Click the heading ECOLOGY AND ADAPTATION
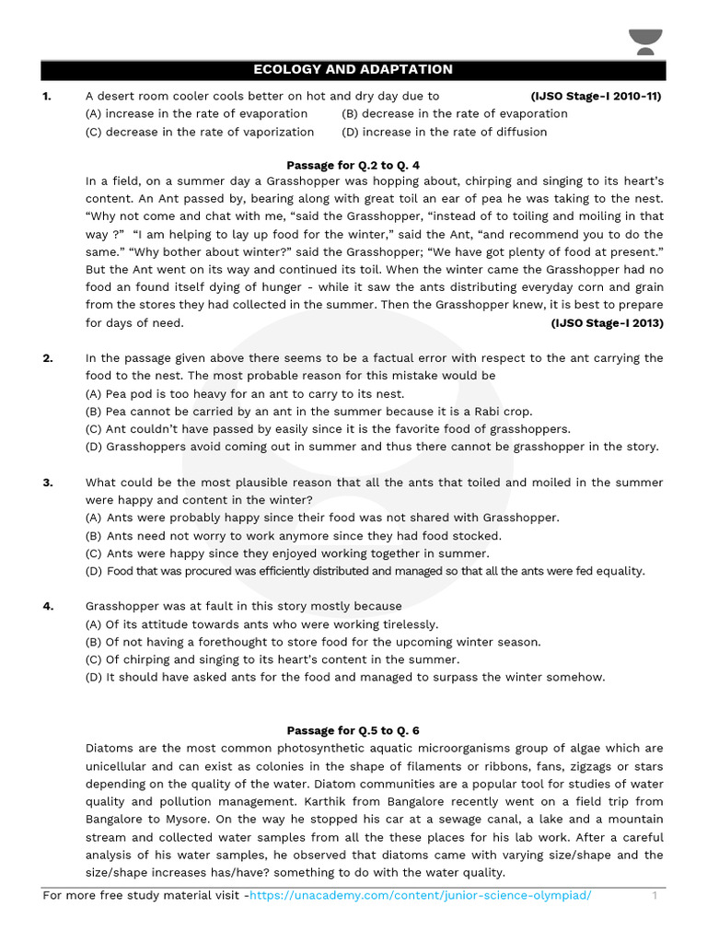click(x=353, y=70)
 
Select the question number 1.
click(x=47, y=96)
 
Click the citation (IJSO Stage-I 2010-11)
click(x=596, y=96)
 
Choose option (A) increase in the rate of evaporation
click(x=196, y=113)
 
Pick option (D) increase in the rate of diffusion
click(x=444, y=132)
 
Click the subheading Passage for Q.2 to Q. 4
click(x=353, y=166)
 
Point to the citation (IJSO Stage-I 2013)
click(x=607, y=323)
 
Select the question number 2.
click(x=47, y=358)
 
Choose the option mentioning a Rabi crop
click(x=308, y=412)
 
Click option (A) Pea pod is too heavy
click(x=244, y=394)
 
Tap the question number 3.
click(x=47, y=483)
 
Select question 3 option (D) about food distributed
click(x=365, y=571)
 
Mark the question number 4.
click(x=47, y=606)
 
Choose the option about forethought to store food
click(x=313, y=642)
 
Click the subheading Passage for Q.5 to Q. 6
click(x=353, y=730)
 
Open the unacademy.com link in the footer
click(x=421, y=895)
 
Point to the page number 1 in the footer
click(x=655, y=895)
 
